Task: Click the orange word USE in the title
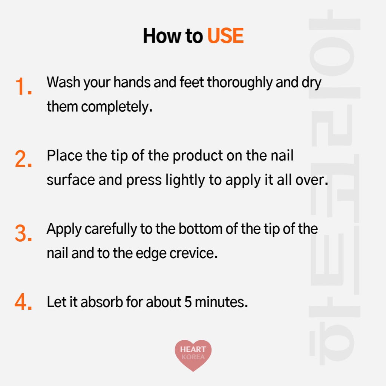[x=225, y=36]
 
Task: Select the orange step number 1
[x=23, y=86]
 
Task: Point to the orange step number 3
[x=23, y=233]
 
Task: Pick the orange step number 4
[x=23, y=301]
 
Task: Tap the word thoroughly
[x=240, y=83]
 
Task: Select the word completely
[x=117, y=107]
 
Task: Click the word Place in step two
[x=64, y=156]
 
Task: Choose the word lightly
[x=185, y=180]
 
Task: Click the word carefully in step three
[x=111, y=229]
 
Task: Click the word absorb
[x=102, y=302]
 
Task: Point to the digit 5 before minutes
[x=188, y=302]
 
